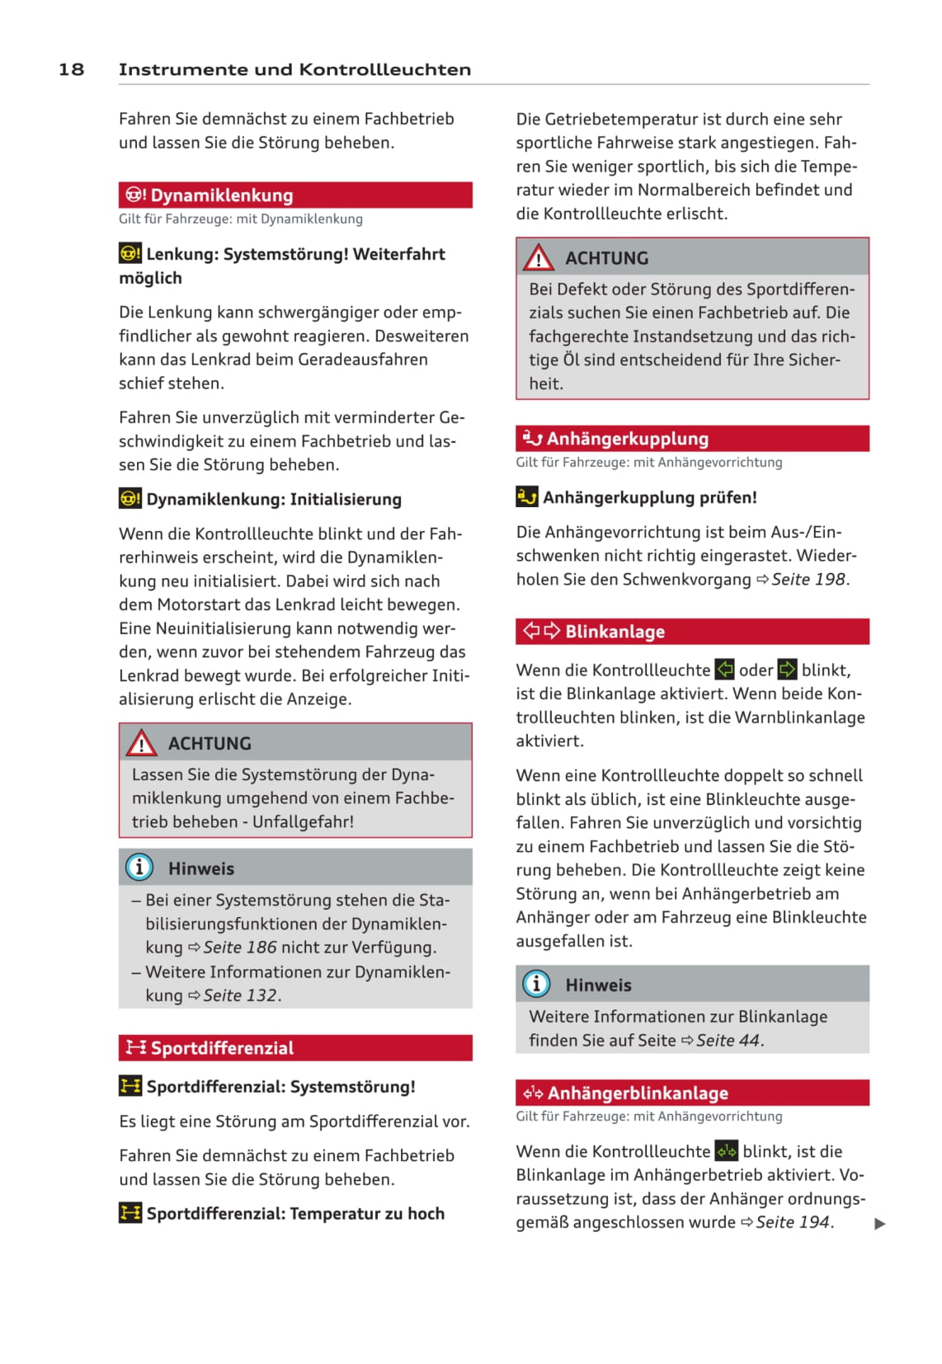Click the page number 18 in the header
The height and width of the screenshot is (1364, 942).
click(71, 69)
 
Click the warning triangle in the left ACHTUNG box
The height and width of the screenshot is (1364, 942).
click(142, 744)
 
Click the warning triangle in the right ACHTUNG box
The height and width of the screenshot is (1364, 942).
click(539, 258)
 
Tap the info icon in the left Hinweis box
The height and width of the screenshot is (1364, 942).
click(139, 868)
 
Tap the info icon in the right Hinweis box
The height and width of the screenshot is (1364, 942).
click(536, 984)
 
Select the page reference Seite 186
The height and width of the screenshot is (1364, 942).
click(240, 948)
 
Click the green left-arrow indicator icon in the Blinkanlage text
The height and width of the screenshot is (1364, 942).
click(724, 670)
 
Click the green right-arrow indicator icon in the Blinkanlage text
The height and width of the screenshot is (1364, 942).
click(788, 670)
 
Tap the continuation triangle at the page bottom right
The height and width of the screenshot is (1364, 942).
click(880, 1224)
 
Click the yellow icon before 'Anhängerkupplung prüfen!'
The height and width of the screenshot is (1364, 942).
click(527, 497)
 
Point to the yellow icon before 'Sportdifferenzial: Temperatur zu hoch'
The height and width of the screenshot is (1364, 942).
click(130, 1213)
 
